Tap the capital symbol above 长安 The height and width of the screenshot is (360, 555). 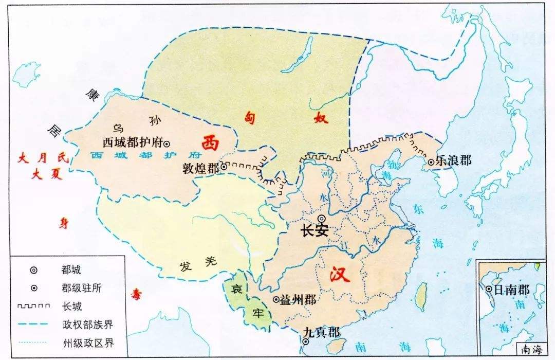[x=322, y=219]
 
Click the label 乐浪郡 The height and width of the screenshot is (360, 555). [x=453, y=161]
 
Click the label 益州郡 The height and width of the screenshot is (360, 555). [x=298, y=300]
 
